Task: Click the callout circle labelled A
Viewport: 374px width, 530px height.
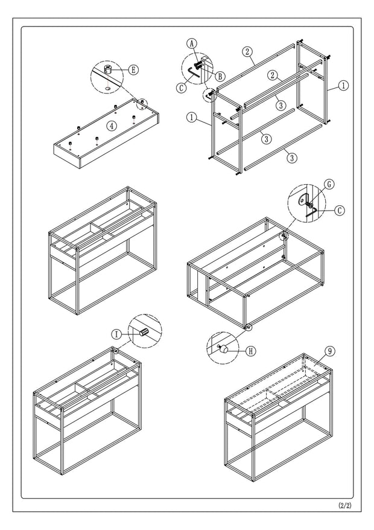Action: [x=191, y=43]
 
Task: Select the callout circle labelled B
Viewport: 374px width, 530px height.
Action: [x=220, y=75]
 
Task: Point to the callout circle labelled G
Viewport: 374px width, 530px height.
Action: [x=329, y=185]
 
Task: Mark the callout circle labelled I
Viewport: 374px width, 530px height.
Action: [x=116, y=333]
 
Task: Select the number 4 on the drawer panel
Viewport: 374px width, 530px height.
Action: [x=111, y=126]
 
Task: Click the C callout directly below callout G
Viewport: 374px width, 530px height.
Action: [x=340, y=211]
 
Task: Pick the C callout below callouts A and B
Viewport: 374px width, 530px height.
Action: [x=181, y=87]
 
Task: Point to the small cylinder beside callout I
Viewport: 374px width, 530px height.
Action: [x=144, y=331]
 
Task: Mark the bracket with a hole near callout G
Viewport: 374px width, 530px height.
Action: [x=305, y=197]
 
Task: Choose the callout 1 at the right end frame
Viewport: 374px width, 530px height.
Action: [x=343, y=86]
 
